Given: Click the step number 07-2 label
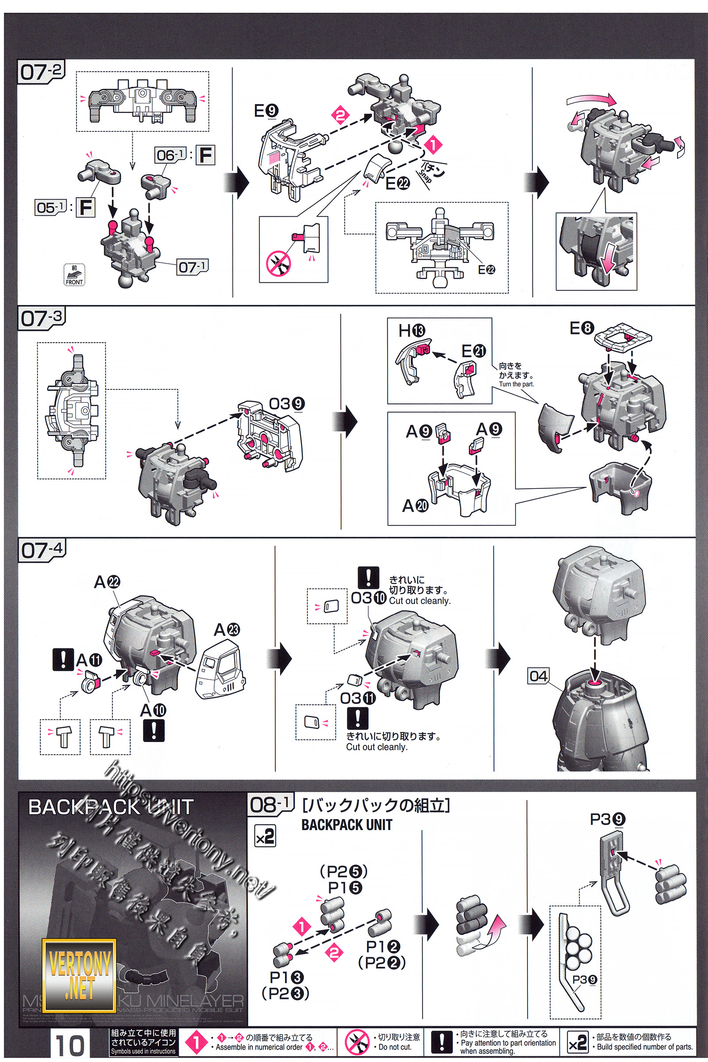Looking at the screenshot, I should [x=41, y=72].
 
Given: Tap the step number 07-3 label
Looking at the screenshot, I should [x=42, y=318].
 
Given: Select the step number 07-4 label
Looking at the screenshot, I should [x=42, y=550].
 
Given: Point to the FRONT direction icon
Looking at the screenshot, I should [x=74, y=275].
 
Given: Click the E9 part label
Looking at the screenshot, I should [x=266, y=111].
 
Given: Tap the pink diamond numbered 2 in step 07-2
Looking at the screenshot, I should [x=341, y=115].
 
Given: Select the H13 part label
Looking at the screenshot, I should [x=412, y=331].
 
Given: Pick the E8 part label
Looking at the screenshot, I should [x=581, y=328].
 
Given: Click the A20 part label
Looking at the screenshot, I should [x=415, y=506].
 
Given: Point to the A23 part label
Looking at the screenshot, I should [x=227, y=629].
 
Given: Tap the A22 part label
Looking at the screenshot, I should [x=107, y=582].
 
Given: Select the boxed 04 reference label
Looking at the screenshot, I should [x=539, y=676].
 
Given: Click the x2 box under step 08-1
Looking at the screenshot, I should [x=265, y=836].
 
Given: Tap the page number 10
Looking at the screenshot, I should [x=70, y=1044].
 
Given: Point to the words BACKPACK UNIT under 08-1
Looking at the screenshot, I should [x=346, y=825].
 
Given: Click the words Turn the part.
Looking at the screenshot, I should [x=516, y=384].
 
